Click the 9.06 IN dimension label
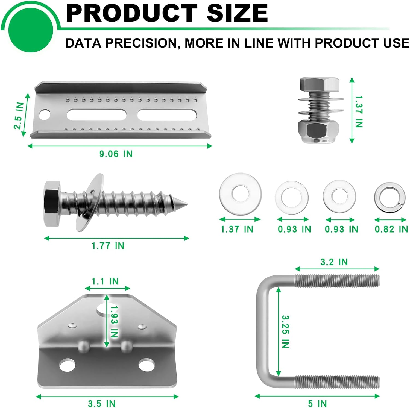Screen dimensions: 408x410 (116, 154)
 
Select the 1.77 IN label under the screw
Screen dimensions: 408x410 (108, 246)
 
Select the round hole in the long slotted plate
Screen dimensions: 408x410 (45, 115)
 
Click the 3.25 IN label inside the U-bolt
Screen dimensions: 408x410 (285, 331)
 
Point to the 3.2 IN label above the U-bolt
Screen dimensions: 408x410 (334, 262)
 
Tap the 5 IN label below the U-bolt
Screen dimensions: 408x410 (317, 403)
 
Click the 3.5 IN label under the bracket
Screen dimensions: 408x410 (102, 403)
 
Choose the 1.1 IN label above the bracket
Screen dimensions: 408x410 (105, 281)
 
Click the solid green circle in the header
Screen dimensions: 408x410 (31, 30)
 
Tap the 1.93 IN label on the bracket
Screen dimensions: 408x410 (114, 322)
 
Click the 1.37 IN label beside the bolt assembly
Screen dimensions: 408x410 (359, 111)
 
